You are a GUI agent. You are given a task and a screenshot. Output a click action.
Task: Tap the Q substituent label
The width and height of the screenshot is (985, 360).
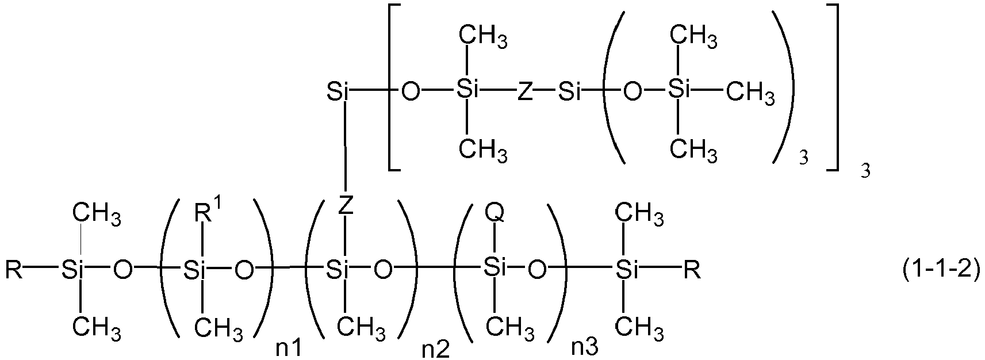tap(495, 213)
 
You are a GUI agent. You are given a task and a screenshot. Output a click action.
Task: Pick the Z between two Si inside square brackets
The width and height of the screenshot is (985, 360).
tap(524, 93)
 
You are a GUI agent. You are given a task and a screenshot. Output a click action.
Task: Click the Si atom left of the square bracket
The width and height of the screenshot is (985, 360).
tap(338, 93)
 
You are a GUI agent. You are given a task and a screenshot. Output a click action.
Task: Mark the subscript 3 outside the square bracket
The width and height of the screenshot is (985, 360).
tap(865, 171)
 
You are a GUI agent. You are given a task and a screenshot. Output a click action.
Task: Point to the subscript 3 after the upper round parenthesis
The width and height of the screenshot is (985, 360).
tap(804, 158)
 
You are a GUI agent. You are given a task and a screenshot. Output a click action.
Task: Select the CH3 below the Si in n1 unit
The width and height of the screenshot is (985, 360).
tap(219, 328)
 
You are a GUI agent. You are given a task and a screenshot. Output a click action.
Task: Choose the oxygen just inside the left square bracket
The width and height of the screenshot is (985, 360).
tap(410, 93)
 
